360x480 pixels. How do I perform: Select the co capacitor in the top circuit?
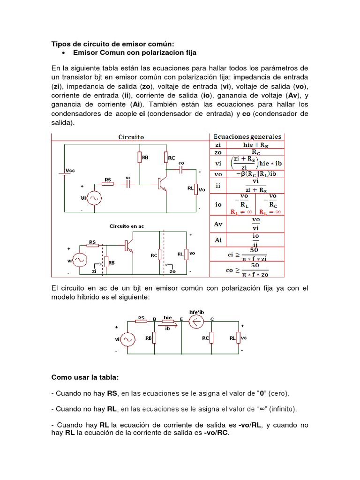point(181,169)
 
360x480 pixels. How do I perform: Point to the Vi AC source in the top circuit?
point(93,199)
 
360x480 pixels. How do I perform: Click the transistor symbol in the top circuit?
point(162,183)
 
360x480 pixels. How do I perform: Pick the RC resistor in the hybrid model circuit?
point(211,337)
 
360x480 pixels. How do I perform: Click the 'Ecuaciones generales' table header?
point(247,137)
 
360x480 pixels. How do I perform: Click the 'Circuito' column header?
point(130,137)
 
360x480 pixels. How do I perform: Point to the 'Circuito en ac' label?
point(127,226)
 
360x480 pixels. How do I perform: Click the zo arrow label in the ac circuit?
point(172,270)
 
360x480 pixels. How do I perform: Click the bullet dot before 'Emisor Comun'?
point(63,53)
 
